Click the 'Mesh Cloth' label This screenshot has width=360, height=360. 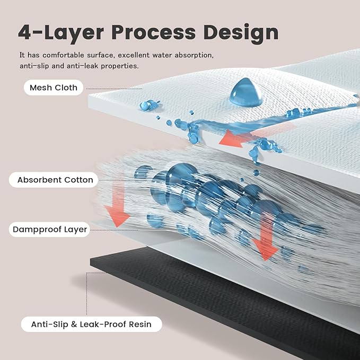[x=54, y=87]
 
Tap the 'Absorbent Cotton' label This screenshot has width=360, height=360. [x=55, y=180]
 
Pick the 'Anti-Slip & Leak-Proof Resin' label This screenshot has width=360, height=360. [x=91, y=324]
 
